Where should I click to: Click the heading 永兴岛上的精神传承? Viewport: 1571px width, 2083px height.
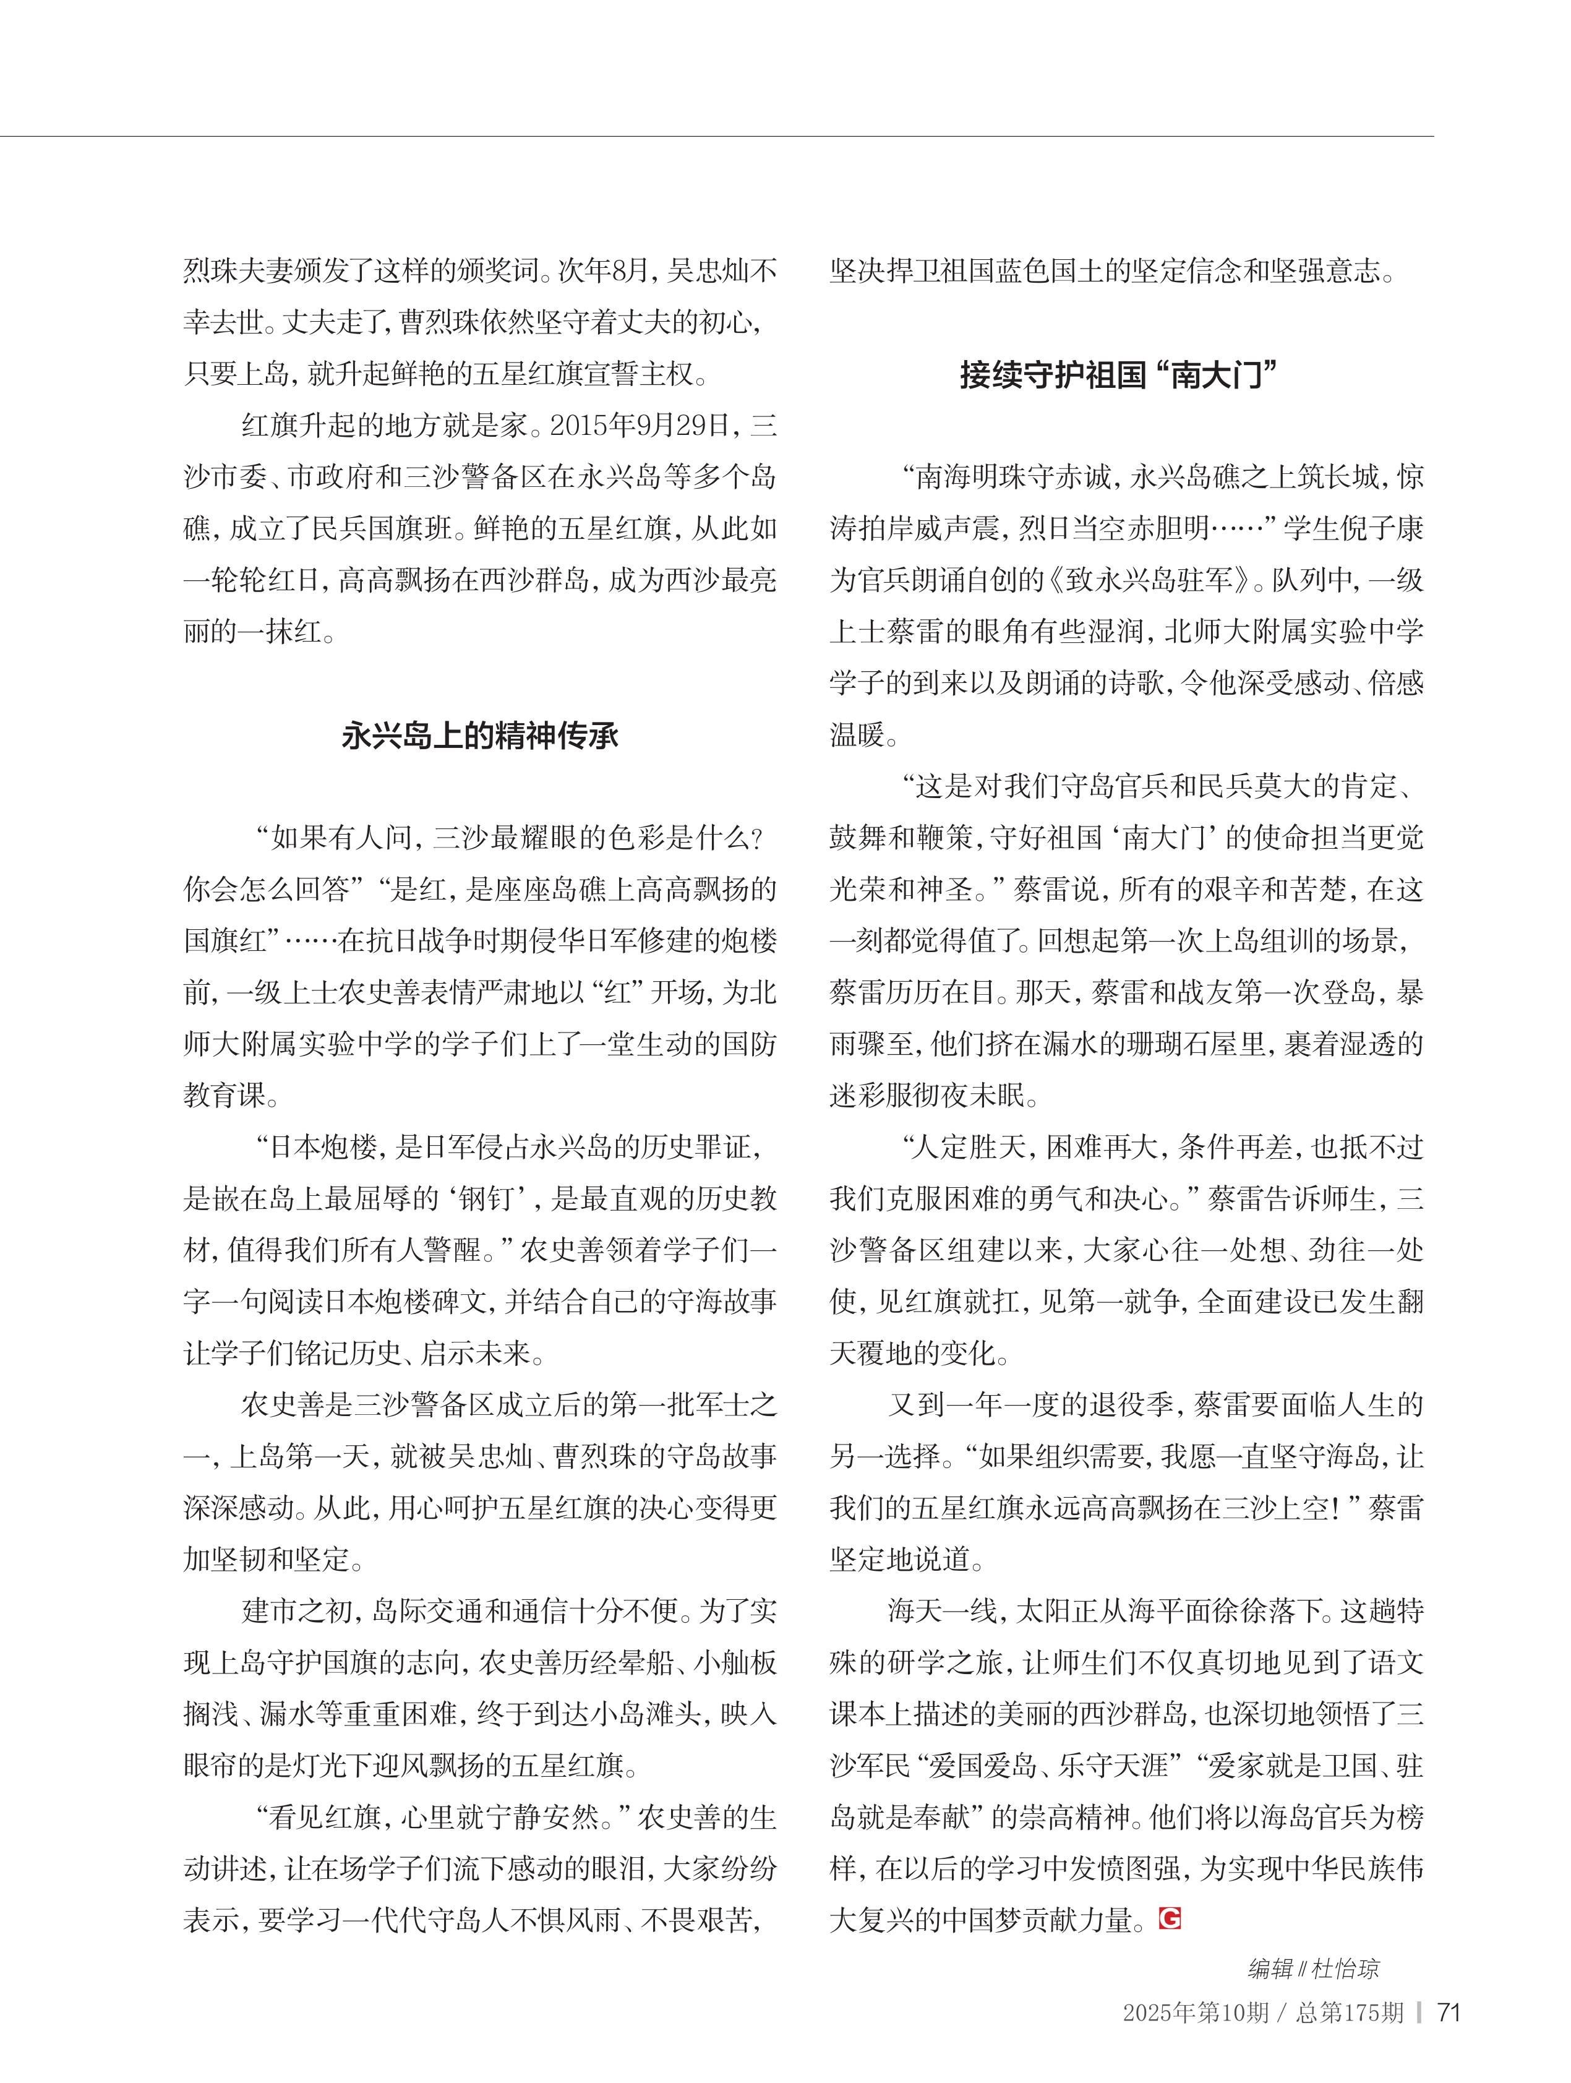tap(480, 736)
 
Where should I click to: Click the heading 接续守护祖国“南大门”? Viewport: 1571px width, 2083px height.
tap(1118, 375)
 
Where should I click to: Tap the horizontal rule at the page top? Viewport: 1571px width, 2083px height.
tap(716, 137)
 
